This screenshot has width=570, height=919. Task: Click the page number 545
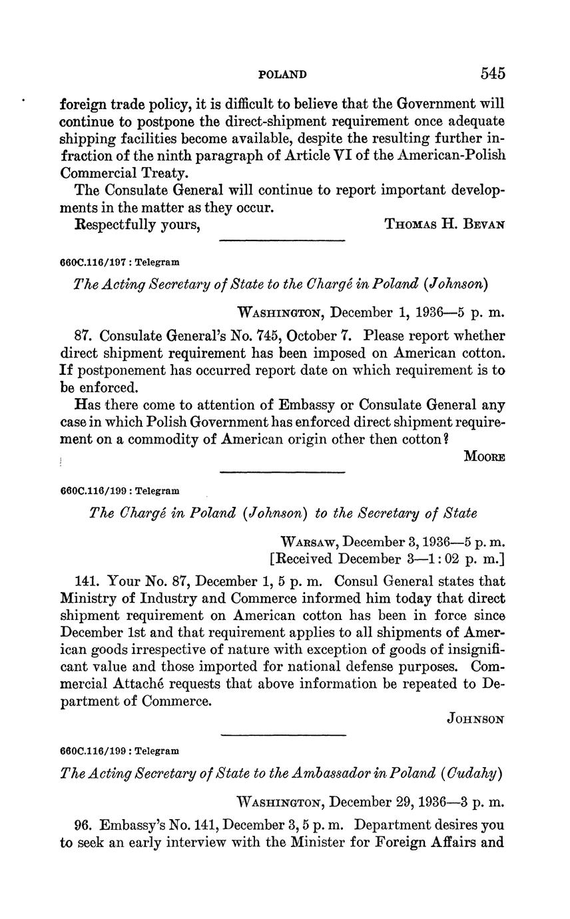pos(493,73)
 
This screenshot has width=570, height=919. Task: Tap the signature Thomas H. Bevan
pos(444,224)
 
